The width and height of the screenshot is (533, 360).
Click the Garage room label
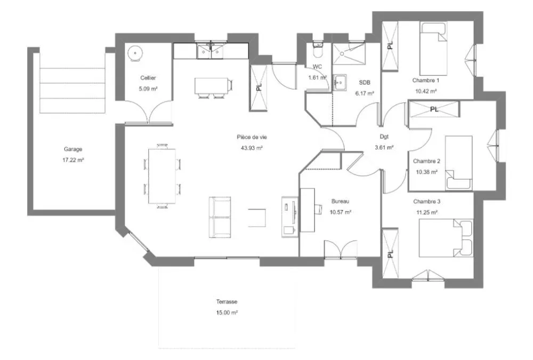tap(73, 149)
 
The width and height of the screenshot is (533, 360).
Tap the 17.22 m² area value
tap(73, 159)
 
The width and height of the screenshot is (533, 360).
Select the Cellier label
tap(148, 78)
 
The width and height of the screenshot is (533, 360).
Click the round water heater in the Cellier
tap(135, 53)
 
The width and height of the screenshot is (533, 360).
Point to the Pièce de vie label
tap(252, 137)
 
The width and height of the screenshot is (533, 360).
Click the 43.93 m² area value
tap(252, 148)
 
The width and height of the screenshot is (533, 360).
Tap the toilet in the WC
tap(318, 50)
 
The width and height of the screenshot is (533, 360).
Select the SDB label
tap(365, 82)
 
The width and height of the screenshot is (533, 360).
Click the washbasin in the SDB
tap(339, 83)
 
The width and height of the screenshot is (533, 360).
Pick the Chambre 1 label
tap(426, 81)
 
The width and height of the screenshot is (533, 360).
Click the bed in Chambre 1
tap(433, 49)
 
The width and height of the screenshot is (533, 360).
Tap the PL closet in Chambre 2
tap(434, 109)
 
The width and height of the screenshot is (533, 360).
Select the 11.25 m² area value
tap(427, 212)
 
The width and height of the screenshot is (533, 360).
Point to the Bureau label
tap(340, 201)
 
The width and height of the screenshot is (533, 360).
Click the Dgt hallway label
tap(384, 137)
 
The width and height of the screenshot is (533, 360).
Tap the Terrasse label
tap(227, 301)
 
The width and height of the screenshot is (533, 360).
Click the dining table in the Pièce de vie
tap(162, 176)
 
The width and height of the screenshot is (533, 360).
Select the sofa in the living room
tap(219, 217)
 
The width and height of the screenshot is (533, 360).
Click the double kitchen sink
tap(211, 51)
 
